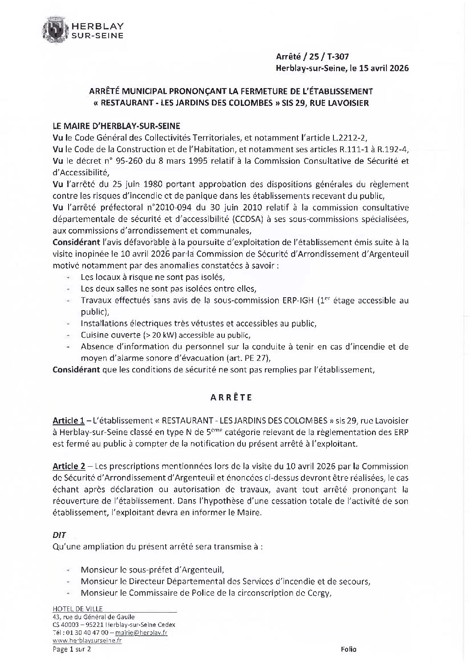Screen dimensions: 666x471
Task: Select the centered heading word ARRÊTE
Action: (231, 397)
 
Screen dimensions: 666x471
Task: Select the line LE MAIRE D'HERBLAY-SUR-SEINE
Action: (117, 126)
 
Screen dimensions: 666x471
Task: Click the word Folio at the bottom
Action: (349, 650)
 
